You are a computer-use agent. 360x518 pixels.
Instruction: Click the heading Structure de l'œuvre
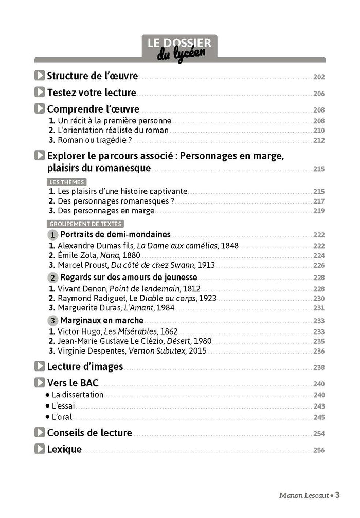(93, 76)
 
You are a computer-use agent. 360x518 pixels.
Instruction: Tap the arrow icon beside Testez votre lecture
(40, 92)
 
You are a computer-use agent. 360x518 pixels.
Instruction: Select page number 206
(319, 94)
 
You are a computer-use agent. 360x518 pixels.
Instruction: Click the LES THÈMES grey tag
(67, 182)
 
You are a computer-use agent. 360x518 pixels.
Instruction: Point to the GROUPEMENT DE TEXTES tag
(86, 224)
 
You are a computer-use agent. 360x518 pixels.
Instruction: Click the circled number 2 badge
(53, 277)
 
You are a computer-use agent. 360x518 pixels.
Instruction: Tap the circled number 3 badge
(53, 320)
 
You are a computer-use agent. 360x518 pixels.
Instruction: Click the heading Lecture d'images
(85, 366)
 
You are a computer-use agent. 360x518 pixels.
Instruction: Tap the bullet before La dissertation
(47, 395)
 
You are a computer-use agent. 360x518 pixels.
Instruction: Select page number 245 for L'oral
(319, 417)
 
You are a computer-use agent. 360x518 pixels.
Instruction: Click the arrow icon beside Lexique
(40, 449)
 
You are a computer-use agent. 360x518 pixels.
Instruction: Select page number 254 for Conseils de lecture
(319, 434)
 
